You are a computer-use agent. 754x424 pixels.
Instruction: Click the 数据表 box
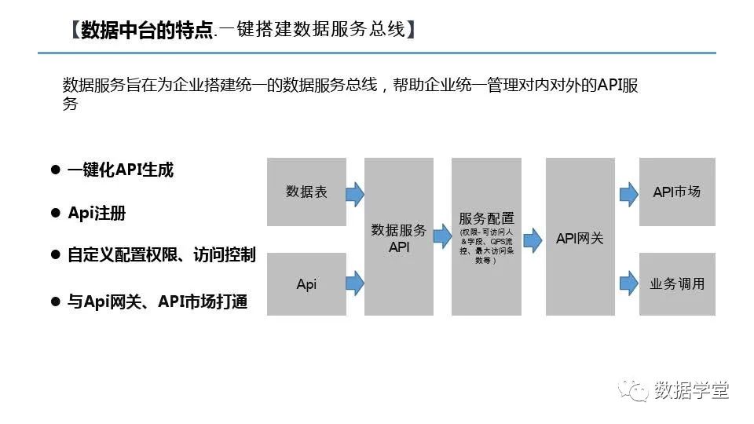point(306,192)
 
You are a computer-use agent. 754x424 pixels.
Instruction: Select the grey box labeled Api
point(306,284)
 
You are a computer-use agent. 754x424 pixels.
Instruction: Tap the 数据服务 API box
point(399,237)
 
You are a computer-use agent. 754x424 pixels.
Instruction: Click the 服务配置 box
point(486,237)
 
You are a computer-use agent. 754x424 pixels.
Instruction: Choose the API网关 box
point(580,237)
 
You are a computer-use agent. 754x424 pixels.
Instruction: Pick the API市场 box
point(677,192)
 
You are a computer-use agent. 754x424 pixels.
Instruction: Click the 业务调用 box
point(677,284)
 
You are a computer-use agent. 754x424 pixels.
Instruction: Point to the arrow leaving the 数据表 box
point(355,192)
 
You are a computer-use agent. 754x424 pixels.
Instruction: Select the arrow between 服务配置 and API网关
point(533,239)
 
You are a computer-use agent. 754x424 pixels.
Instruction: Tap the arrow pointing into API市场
point(628,192)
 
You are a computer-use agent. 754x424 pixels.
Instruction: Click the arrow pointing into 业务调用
point(628,282)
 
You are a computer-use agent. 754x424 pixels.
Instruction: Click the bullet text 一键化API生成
point(120,170)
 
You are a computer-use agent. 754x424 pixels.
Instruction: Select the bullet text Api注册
point(97,214)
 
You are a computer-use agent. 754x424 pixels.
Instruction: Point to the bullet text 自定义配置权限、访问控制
point(161,255)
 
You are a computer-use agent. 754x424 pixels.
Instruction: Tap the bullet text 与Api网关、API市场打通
point(157,302)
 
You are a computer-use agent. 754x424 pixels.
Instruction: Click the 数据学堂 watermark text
point(691,389)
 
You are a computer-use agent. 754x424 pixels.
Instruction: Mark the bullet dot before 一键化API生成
point(55,170)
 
